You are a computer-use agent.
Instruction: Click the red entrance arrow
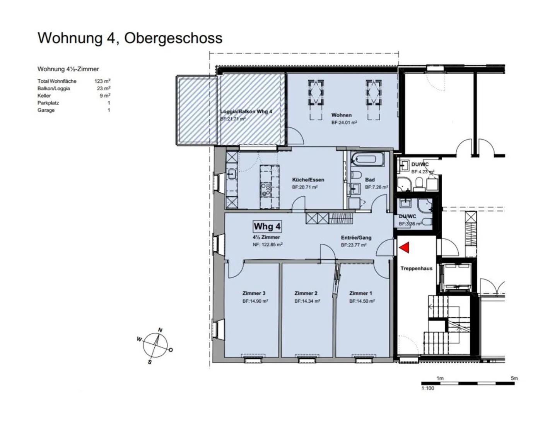[x=404, y=247]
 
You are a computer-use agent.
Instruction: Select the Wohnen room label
[x=341, y=115]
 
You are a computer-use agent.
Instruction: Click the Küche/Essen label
[x=308, y=180]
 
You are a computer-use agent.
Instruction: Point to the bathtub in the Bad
[x=367, y=159]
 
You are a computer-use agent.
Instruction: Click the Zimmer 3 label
[x=254, y=293]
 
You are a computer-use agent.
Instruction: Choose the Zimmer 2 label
[x=306, y=293]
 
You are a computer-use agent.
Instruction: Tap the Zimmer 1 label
[x=361, y=293]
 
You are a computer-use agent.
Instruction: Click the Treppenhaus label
[x=417, y=268]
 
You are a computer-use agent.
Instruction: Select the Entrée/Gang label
[x=356, y=238]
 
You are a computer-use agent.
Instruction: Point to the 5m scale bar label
[x=514, y=378]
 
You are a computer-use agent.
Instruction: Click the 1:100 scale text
[x=428, y=388]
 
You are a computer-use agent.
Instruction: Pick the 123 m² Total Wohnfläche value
[x=103, y=81]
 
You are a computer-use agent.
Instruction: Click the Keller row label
[x=44, y=96]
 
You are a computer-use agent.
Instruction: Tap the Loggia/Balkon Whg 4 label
[x=246, y=111]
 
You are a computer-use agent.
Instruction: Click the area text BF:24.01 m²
[x=344, y=122]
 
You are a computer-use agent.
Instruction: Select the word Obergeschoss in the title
[x=173, y=38]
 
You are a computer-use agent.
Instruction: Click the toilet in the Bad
[x=356, y=175]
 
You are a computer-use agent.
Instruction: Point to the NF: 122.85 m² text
[x=268, y=245]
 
